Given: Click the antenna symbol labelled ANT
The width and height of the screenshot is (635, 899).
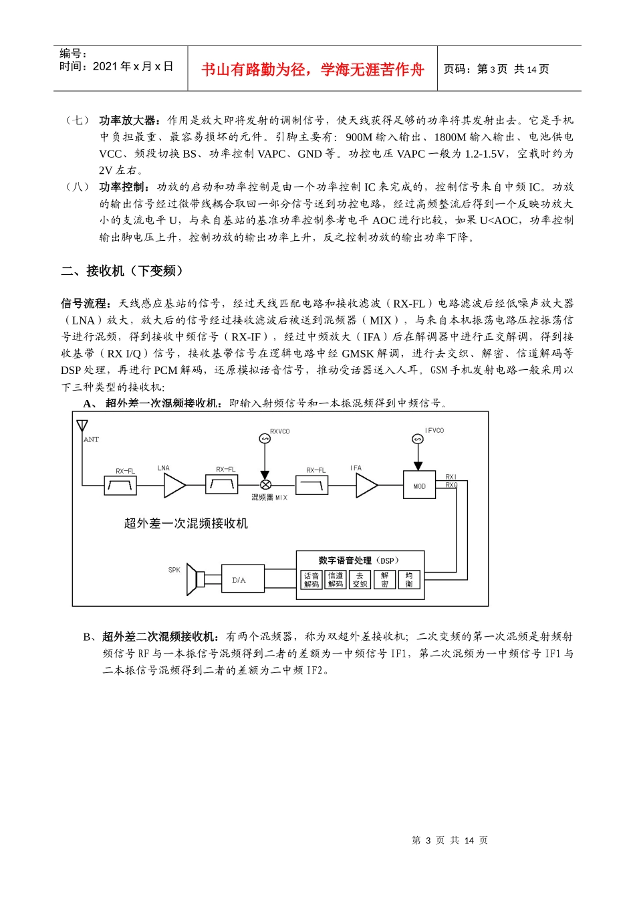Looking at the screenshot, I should pos(82,426).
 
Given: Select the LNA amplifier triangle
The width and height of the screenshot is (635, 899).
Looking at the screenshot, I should pos(173,486).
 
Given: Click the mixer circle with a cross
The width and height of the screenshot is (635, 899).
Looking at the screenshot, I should pos(265,485).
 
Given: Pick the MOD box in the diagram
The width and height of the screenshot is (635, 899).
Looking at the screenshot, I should pos(419,486).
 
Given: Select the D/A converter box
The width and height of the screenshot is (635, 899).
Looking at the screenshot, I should pos(239,580).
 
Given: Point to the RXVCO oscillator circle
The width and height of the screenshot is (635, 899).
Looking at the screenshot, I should pos(265,439).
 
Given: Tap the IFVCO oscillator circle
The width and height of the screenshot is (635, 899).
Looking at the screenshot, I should pos(418,439).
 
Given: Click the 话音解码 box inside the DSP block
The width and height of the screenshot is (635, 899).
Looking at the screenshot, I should pos(311,580).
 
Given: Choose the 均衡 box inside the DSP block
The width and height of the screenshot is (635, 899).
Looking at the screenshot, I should pos(408,580).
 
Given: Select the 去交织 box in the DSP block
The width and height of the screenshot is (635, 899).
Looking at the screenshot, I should pos(360,580).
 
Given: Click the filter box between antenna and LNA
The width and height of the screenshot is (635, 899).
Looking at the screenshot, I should pos(121,486).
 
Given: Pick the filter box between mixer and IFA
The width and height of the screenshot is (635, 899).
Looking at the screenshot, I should pos(312,485).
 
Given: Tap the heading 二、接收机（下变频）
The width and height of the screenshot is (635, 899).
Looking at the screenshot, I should pos(122,271).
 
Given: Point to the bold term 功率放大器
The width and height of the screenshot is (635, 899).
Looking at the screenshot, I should pos(127,120).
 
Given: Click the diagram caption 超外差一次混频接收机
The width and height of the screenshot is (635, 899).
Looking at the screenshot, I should pos(186,523).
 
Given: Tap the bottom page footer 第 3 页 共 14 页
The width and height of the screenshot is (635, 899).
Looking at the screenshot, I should pos(450,841).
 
